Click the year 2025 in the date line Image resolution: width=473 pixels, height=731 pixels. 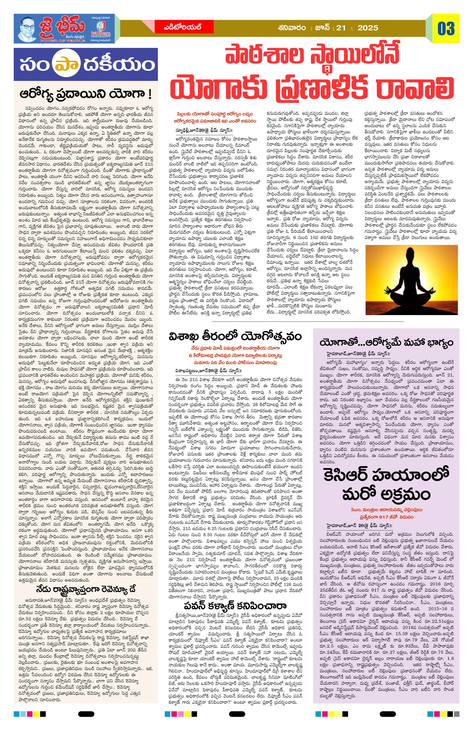click(368, 28)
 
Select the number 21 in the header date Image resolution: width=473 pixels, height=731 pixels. click(341, 28)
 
